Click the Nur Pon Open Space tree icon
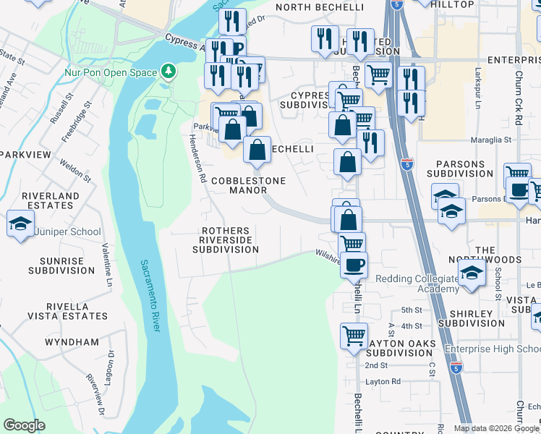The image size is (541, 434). tap(169, 72)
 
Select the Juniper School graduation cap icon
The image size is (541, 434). tap(20, 223)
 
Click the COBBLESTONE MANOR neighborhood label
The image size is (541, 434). tap(248, 185)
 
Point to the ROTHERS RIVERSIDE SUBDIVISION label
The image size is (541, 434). tap(226, 239)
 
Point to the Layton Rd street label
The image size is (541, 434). tap(383, 380)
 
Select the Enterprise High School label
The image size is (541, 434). tap(492, 349)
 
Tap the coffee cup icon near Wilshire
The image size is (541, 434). tap(353, 265)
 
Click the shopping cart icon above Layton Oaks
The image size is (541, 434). tap(354, 335)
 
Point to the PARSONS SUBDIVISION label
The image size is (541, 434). tap(459, 169)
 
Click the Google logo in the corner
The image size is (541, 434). tap(24, 425)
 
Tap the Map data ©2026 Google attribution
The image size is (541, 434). tap(495, 428)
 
